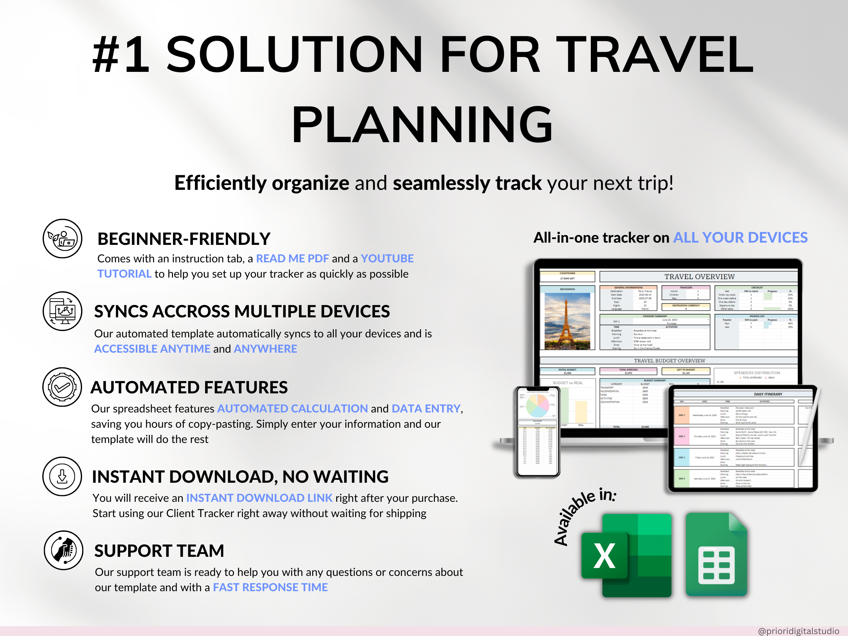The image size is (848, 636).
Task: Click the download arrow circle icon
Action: click(x=62, y=476)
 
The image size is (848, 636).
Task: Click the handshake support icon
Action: click(x=63, y=550)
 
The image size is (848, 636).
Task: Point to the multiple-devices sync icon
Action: click(x=62, y=311)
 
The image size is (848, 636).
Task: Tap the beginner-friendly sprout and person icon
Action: click(x=62, y=238)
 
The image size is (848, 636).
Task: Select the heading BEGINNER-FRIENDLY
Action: click(x=184, y=239)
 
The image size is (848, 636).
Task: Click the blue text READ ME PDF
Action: click(x=292, y=259)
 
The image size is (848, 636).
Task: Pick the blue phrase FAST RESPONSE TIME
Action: click(x=270, y=587)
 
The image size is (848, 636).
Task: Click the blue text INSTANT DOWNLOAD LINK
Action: click(x=259, y=498)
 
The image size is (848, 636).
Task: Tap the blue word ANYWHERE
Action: click(x=265, y=349)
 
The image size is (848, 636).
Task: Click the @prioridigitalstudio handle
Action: click(x=798, y=631)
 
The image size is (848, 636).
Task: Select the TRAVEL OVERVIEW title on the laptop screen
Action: click(x=699, y=276)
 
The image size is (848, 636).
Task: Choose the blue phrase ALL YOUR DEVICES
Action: click(x=740, y=238)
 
